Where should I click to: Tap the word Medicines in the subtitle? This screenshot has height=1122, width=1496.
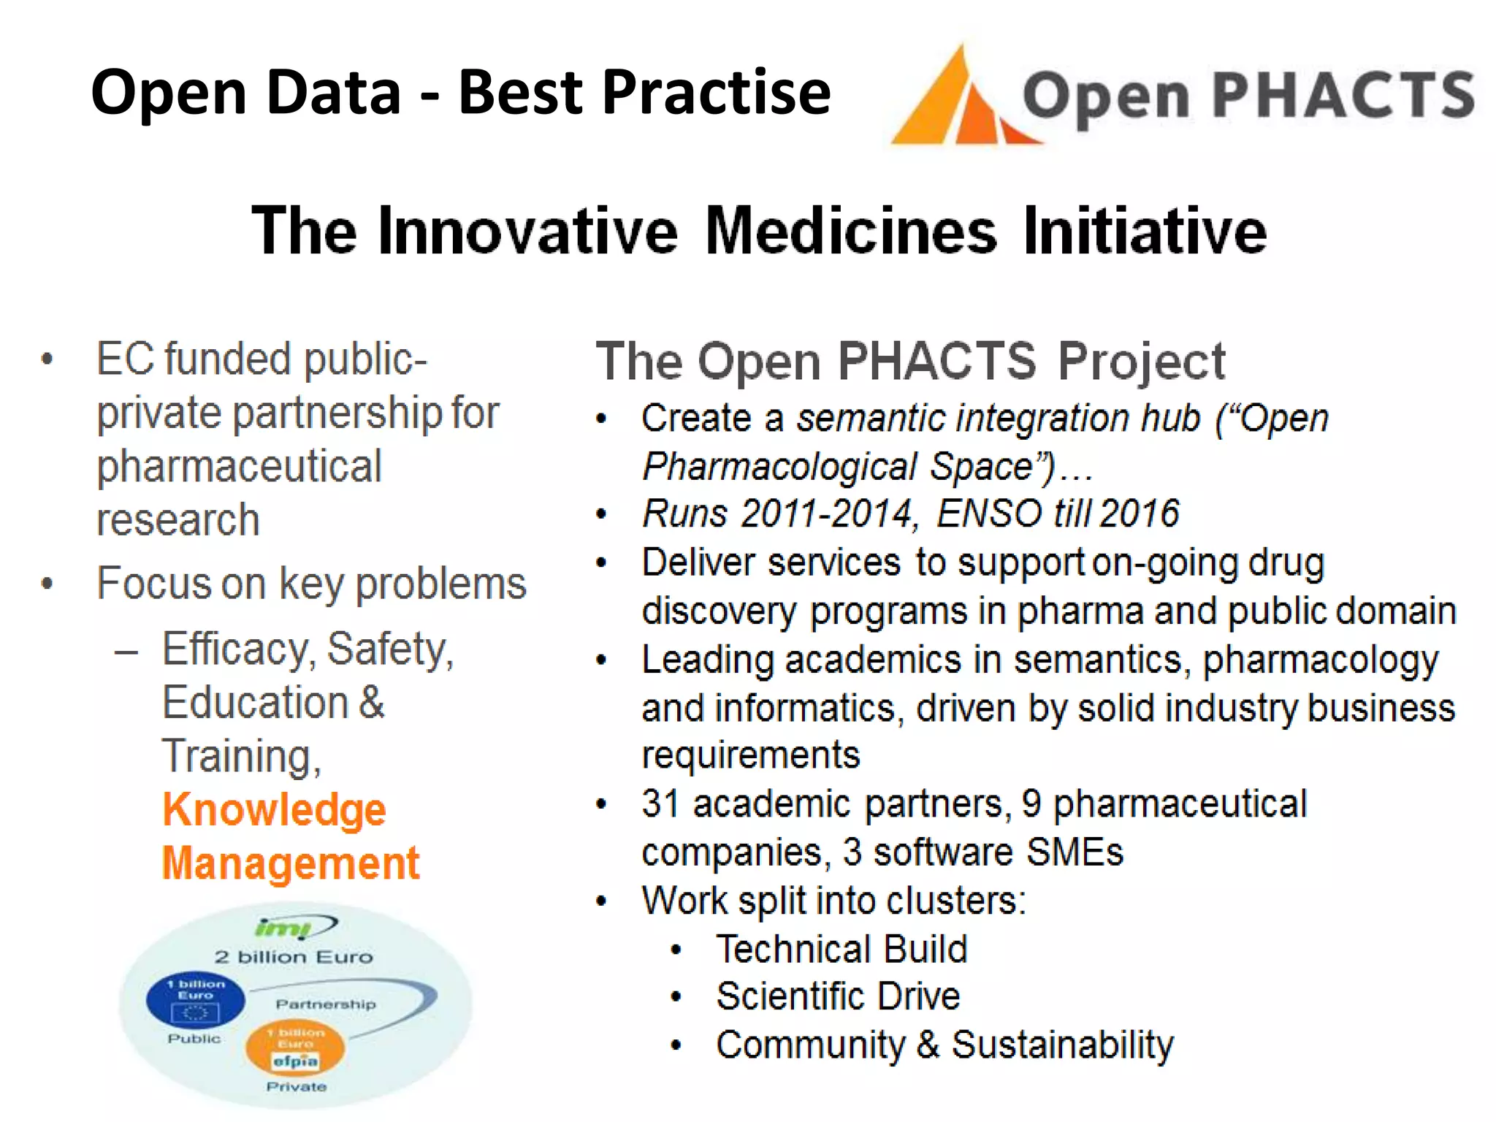tap(850, 230)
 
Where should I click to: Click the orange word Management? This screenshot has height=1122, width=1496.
tap(291, 863)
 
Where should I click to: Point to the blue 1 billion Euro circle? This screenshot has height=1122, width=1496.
tap(195, 999)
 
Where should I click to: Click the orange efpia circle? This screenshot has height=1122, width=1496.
tap(295, 1047)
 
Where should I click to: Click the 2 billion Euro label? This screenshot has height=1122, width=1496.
tap(294, 957)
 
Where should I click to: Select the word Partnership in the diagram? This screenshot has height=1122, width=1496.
tap(326, 1004)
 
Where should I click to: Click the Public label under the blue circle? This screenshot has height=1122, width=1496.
tap(194, 1039)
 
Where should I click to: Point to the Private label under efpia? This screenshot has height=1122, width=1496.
tap(296, 1087)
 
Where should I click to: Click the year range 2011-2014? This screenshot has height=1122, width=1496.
tap(827, 514)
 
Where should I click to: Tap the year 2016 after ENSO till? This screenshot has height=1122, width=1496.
tap(1140, 514)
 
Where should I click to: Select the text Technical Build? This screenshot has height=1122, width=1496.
tap(841, 949)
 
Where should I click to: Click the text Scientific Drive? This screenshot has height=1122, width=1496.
tap(838, 996)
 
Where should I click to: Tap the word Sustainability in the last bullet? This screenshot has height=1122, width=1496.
tap(1062, 1045)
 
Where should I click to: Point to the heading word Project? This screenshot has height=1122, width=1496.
tap(1141, 362)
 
